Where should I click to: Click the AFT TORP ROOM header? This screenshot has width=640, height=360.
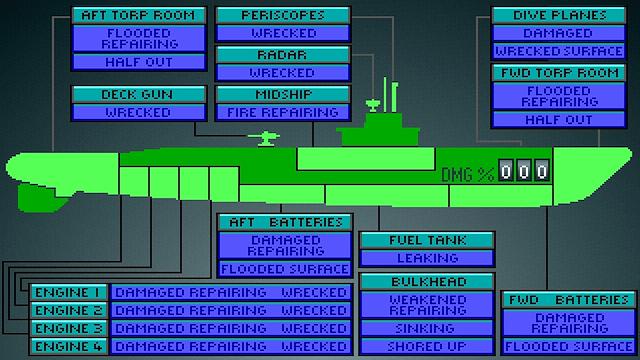[x=139, y=16]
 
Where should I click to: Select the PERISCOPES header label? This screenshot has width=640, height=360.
[x=283, y=16]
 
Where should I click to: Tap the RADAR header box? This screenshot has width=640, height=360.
[x=283, y=55]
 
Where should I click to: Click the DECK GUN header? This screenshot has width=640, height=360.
[x=139, y=94]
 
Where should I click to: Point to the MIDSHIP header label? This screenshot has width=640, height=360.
[x=283, y=94]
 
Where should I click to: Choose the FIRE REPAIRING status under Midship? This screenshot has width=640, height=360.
[x=283, y=112]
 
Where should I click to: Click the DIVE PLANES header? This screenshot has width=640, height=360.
[x=559, y=16]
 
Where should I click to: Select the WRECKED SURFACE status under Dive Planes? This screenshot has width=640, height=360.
[x=559, y=51]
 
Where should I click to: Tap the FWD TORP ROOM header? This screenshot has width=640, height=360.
[x=559, y=73]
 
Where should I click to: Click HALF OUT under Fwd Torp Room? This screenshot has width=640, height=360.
[x=559, y=120]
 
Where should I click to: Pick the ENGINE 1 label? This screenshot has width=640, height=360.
[x=69, y=292]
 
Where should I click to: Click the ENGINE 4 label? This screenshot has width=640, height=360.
[x=69, y=346]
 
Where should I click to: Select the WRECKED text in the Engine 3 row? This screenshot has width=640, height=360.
[x=314, y=328]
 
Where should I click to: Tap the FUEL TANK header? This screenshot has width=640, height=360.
[x=427, y=240]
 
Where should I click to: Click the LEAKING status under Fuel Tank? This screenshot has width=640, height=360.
[x=427, y=258]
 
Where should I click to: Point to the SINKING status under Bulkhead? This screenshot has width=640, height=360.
[x=427, y=328]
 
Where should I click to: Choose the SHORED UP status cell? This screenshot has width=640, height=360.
[x=427, y=346]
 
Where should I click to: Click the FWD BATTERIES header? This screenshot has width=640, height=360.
[x=569, y=300]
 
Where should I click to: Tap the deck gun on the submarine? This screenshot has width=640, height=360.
[x=264, y=138]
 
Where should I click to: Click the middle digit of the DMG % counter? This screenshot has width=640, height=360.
[x=524, y=171]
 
